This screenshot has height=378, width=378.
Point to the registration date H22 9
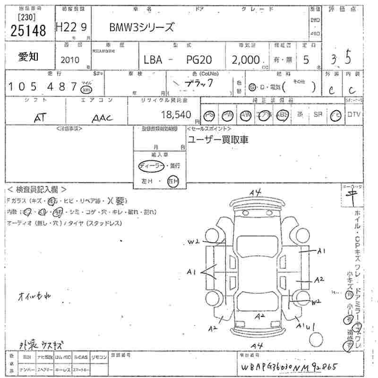point(71,28)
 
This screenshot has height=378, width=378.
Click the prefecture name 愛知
point(29,57)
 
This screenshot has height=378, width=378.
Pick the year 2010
point(70,60)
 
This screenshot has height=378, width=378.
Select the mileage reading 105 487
point(42,86)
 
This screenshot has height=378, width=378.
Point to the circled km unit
point(86,89)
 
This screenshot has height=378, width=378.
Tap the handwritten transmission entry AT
point(40,118)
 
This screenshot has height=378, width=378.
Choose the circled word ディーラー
point(152,165)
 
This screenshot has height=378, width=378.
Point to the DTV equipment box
point(353,115)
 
